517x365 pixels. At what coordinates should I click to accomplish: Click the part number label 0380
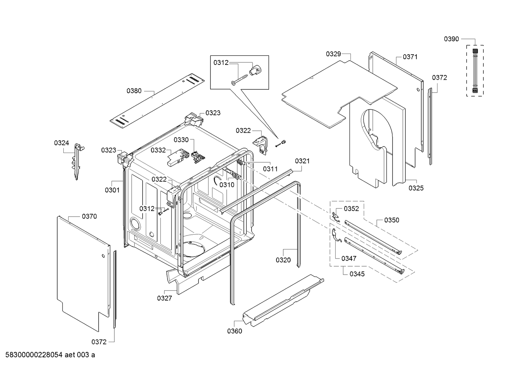click(x=134, y=91)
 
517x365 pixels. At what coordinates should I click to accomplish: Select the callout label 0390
click(x=451, y=39)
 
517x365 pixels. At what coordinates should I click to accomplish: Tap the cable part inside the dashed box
click(x=475, y=70)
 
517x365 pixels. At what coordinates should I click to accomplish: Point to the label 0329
click(x=333, y=54)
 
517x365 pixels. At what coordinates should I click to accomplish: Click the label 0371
click(x=410, y=57)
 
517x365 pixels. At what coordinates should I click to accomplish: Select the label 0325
click(x=416, y=188)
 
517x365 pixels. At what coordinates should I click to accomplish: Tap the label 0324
click(x=61, y=143)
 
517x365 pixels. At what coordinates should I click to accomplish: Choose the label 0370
click(x=89, y=216)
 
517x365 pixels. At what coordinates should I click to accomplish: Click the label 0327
click(x=165, y=298)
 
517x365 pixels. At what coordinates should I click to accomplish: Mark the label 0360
click(x=234, y=331)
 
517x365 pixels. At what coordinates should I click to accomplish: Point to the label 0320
click(x=283, y=260)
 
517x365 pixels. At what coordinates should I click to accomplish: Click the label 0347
click(x=349, y=258)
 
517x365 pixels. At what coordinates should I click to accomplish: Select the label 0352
click(x=351, y=208)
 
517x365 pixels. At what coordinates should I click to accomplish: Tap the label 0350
click(x=392, y=220)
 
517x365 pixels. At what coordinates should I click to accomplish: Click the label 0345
click(x=357, y=274)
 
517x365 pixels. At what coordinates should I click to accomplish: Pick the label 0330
click(x=181, y=140)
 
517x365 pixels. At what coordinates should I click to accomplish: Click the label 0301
click(x=112, y=190)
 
